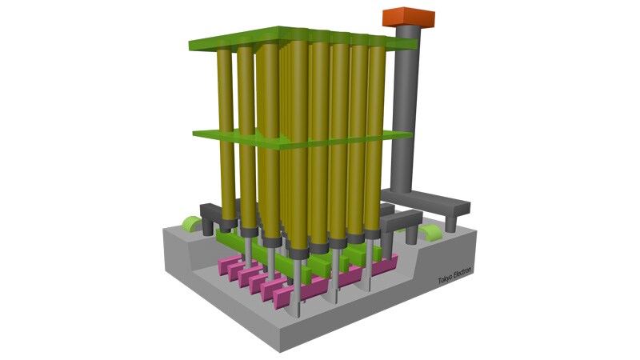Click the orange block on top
pos(409,17)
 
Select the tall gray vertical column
pos(406,110)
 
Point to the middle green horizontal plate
pos(303,138)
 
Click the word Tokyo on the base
pos(446,278)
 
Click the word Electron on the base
pos(463,273)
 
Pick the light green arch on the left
pos(191,224)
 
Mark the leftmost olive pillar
pos(226,134)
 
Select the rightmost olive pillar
pos(375,138)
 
